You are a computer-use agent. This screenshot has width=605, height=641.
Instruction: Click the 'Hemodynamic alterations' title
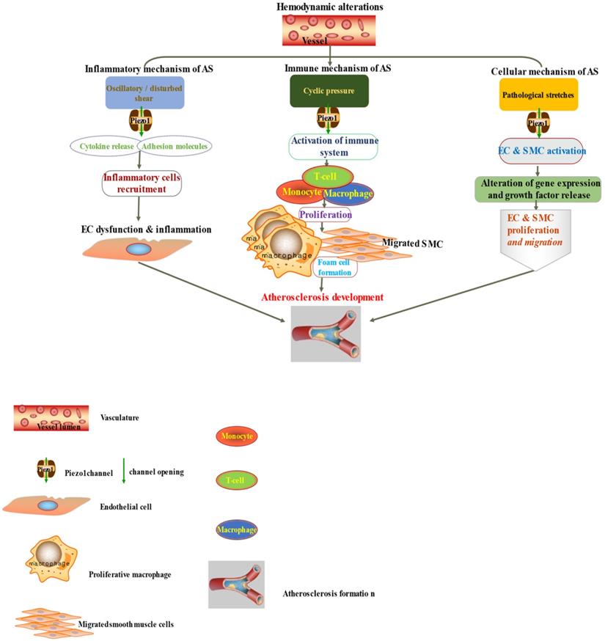[x=329, y=7]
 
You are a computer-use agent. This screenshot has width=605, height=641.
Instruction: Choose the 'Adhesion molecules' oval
[x=175, y=145]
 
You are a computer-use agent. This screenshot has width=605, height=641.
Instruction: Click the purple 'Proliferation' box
[x=324, y=215]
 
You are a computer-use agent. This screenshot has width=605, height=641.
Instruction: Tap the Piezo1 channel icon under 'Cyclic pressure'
[x=327, y=118]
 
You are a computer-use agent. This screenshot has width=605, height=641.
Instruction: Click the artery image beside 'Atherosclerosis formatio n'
[x=236, y=585]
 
